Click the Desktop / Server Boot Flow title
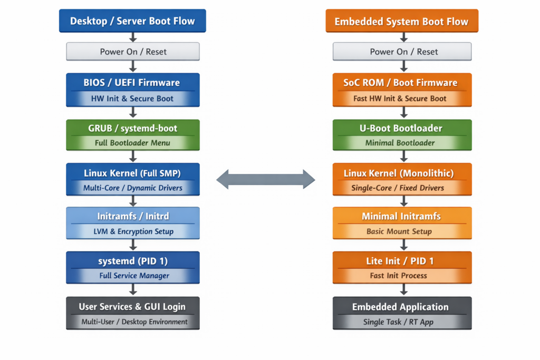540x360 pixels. [132, 21]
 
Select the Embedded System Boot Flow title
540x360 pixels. [402, 22]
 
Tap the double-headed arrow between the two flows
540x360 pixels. [266, 179]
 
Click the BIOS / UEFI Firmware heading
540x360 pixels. [132, 82]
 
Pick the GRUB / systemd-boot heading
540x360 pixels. [133, 128]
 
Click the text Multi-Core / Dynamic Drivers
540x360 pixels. [133, 188]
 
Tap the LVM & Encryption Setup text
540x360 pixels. [133, 231]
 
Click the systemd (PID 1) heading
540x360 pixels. [133, 261]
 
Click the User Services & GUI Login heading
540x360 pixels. [132, 306]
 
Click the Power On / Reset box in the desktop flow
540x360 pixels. [133, 52]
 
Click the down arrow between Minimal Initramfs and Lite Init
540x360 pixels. [403, 245]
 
